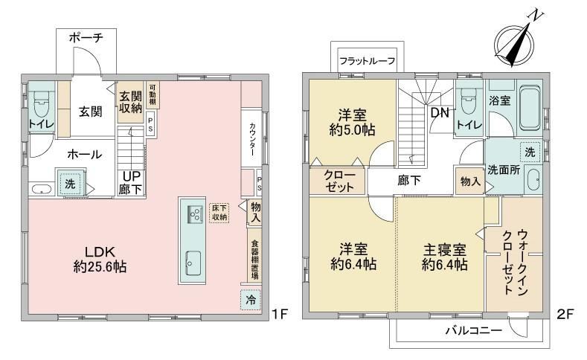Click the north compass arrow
pos(519,44)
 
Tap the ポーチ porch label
pos(86,38)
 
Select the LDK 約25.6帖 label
pos(100,259)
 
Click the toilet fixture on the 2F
pos(468,100)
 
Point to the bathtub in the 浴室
pos(530,107)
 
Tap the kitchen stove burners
pos(195,214)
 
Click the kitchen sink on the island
pos(193,263)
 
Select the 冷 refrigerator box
pos(251,300)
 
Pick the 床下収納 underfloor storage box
pos(219,212)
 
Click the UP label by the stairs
pos(131,176)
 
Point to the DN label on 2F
pos(440,112)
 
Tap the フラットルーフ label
pos(368,61)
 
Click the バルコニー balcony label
pos(473,330)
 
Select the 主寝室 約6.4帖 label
pos(445,257)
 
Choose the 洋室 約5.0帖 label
pos(353,122)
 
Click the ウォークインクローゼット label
pos(514,262)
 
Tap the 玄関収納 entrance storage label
pos(131,102)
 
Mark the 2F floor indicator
pos(565,314)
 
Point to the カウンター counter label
pos(252,140)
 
